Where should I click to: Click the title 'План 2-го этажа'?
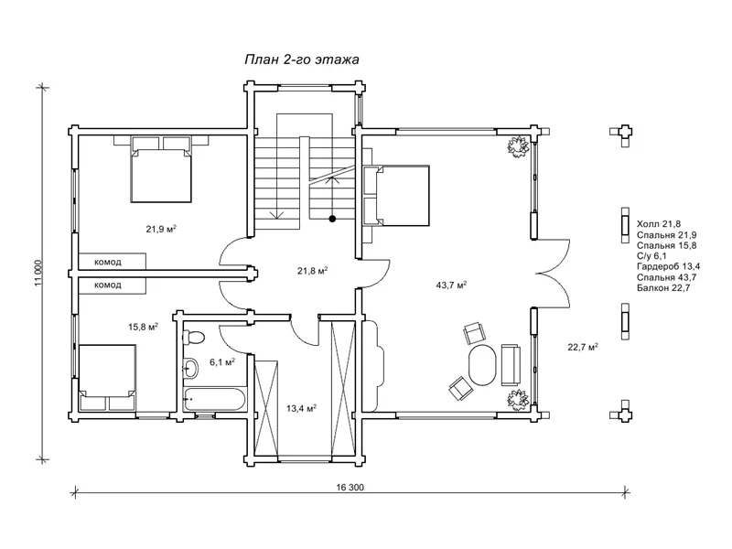[x=302, y=59]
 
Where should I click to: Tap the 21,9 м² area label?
[x=161, y=229]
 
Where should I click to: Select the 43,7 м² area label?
[x=451, y=285]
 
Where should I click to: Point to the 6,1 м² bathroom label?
[x=221, y=361]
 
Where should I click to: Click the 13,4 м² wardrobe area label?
[x=301, y=408]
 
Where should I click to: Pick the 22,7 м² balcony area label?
[x=583, y=347]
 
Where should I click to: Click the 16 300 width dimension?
[x=350, y=488]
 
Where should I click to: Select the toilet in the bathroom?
[x=193, y=337]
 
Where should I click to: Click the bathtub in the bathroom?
[x=215, y=399]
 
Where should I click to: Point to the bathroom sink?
[x=190, y=368]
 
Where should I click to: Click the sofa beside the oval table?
[x=511, y=364]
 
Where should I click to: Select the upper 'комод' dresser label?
[x=108, y=262]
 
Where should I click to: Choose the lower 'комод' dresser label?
[x=108, y=285]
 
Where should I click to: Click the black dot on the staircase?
[x=332, y=218]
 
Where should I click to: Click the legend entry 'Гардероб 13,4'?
[x=668, y=266]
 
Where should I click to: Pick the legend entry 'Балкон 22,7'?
[x=663, y=287]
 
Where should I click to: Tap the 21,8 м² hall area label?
[x=312, y=270]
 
